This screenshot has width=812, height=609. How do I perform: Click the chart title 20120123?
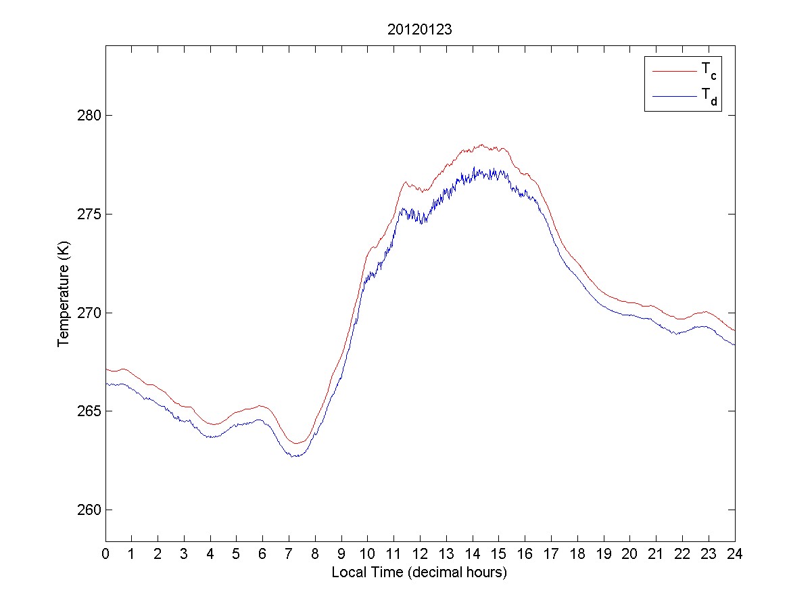click(x=420, y=30)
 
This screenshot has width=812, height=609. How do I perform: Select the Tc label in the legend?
click(x=708, y=70)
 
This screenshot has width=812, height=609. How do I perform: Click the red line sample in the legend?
click(x=673, y=70)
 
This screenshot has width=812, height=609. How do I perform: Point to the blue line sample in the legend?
click(x=673, y=97)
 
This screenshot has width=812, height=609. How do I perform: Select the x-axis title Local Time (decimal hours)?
click(x=419, y=572)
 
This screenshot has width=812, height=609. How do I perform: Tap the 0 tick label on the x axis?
click(x=105, y=554)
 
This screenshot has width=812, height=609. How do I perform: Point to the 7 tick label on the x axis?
click(x=289, y=554)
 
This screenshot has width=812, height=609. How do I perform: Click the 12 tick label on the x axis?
click(x=420, y=554)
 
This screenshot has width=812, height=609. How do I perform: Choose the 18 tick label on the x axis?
click(x=577, y=554)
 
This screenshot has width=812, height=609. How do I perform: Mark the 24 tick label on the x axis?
click(x=734, y=554)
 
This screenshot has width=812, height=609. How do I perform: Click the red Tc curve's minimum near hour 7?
click(x=296, y=443)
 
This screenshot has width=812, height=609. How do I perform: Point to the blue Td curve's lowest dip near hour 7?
click(x=295, y=457)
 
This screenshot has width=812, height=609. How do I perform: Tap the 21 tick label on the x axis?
click(x=656, y=554)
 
